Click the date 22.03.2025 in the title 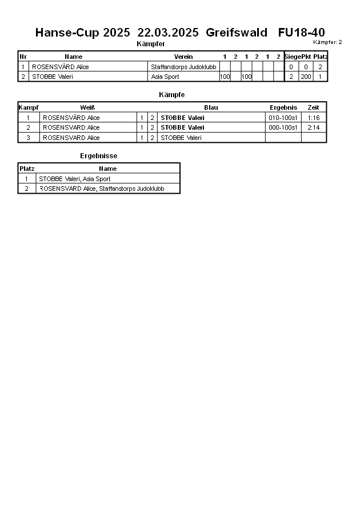pos(168,33)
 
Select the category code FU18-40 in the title pos(301,33)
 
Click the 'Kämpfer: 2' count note pos(327,42)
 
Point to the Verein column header pos(183,57)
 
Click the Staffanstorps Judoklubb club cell pos(183,67)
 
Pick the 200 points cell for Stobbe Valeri pos(306,77)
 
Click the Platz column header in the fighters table pos(320,57)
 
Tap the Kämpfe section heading pos(171,94)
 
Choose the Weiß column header pos(87,107)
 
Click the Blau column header pos(211,107)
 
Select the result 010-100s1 pos(283,118)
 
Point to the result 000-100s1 pos(283,127)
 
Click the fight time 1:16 pos(313,118)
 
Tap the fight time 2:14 pos(313,127)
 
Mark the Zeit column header pos(313,107)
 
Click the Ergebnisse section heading pos(99,155)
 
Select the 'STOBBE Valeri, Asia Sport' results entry pos(74,179)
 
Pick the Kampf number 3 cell pos(28,138)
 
